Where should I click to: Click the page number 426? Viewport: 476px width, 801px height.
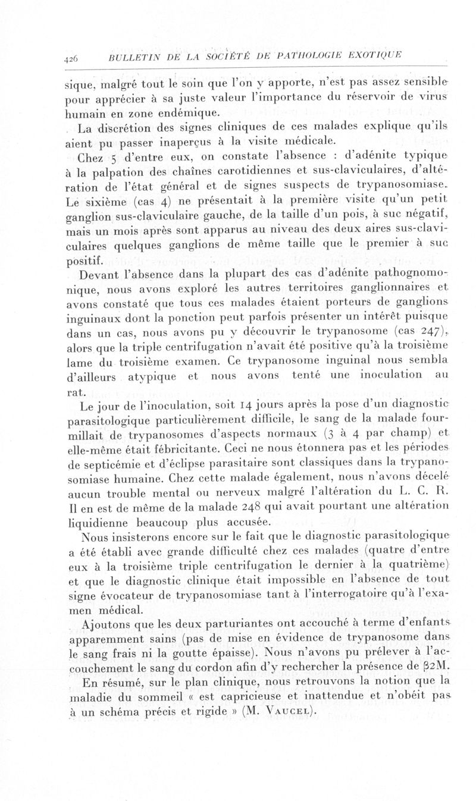[71, 57]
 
